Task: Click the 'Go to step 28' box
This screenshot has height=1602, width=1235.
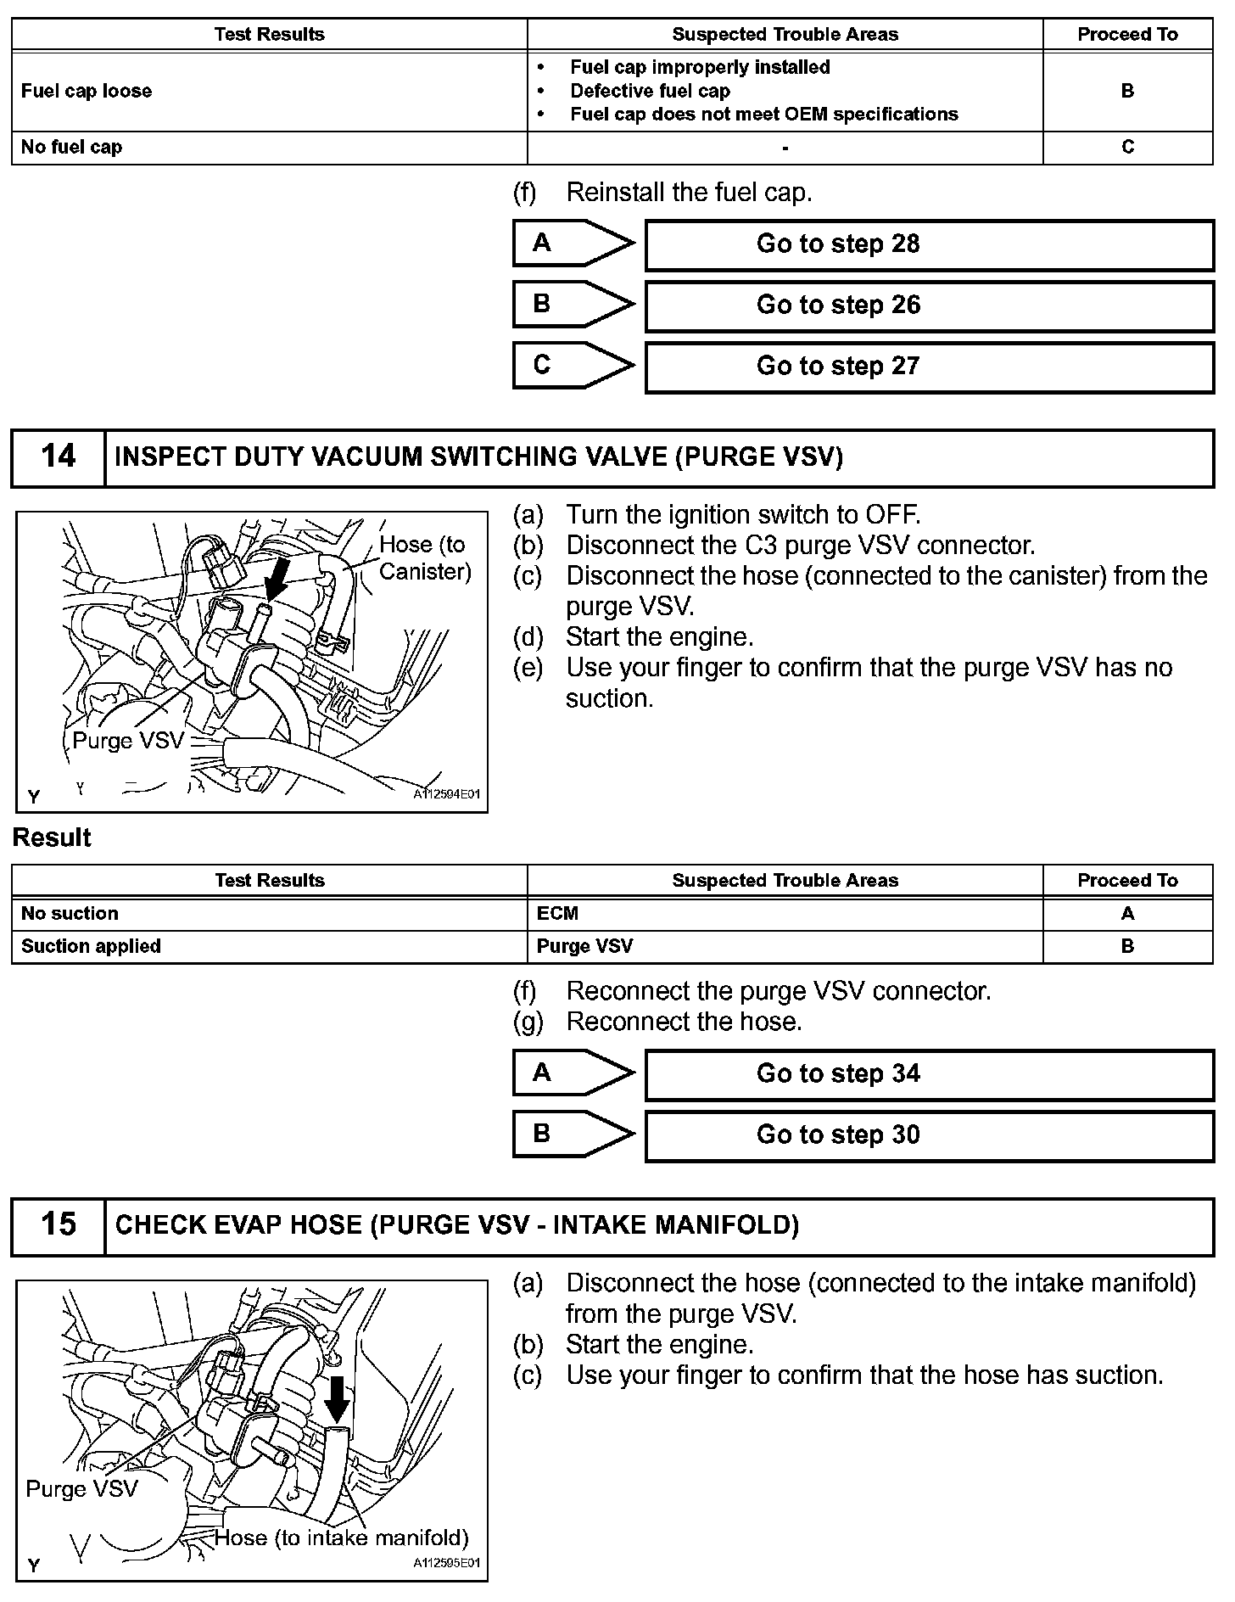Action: point(929,244)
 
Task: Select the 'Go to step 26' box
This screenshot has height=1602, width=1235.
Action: point(929,305)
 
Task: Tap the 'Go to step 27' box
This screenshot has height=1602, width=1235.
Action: point(929,367)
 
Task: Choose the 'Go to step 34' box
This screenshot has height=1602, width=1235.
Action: point(929,1074)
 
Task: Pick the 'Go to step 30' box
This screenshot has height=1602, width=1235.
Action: point(929,1135)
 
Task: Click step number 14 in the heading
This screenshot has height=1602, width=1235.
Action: point(58,457)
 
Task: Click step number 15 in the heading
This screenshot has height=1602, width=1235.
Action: point(58,1224)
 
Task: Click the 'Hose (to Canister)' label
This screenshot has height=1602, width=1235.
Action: point(424,558)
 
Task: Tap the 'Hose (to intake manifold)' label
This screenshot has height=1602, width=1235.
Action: point(342,1538)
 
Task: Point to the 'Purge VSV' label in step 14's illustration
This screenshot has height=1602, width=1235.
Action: point(128,741)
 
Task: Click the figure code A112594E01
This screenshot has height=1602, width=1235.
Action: point(446,795)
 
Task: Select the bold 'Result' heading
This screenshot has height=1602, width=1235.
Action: point(52,838)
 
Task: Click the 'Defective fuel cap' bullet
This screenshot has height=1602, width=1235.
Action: point(650,91)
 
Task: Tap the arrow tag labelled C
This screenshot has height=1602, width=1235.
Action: point(572,366)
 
